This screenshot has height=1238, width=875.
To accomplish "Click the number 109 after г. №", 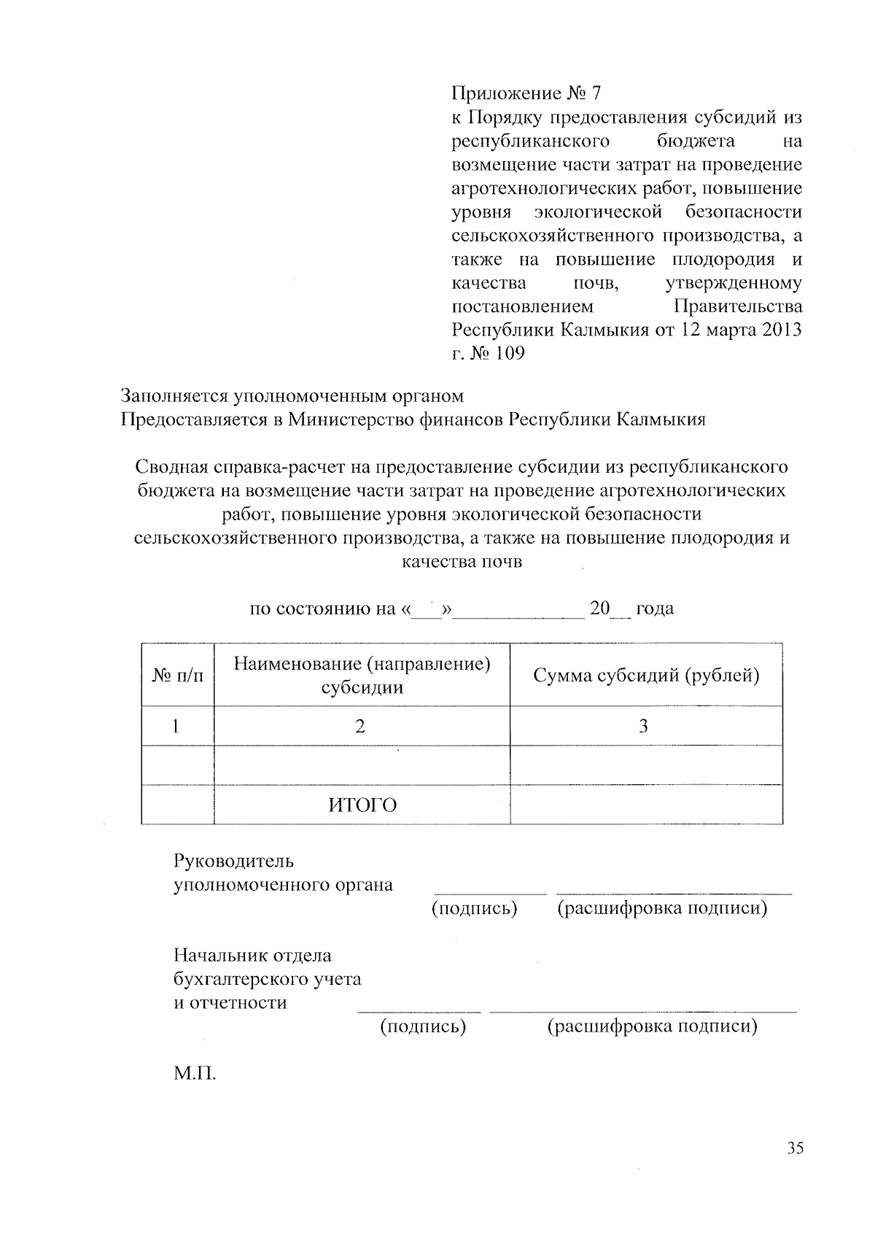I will click(x=506, y=353).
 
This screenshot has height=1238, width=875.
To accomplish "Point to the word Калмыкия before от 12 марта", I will click(x=604, y=330).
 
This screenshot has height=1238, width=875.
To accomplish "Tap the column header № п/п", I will click(x=177, y=676).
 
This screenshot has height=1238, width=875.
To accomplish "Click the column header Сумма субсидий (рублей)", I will click(x=646, y=676).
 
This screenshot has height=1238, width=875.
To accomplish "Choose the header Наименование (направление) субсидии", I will click(x=362, y=676).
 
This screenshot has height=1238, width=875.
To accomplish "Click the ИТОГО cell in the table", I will click(x=362, y=805).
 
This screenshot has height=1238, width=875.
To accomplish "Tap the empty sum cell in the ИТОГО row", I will click(x=646, y=805).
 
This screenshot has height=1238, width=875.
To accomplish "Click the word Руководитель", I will click(x=233, y=861).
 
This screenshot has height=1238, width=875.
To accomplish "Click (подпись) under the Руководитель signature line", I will click(x=474, y=909).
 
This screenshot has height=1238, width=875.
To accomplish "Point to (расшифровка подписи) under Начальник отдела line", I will click(x=652, y=1027).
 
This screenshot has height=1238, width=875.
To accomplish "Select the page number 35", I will click(x=795, y=1148).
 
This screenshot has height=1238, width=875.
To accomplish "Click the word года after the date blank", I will click(x=655, y=608).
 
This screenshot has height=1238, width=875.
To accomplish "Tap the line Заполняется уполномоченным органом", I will click(x=292, y=396).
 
